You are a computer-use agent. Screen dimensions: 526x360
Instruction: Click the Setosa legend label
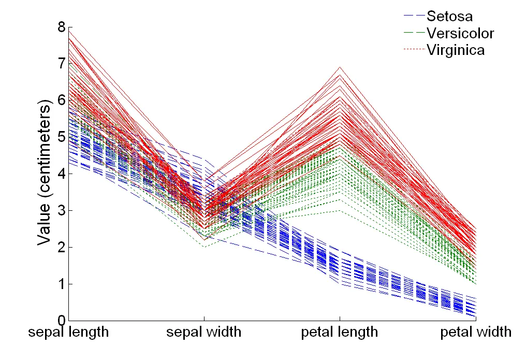pos(449,16)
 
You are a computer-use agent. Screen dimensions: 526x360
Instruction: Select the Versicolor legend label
pos(460,33)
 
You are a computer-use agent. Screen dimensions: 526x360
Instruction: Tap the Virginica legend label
pos(456,50)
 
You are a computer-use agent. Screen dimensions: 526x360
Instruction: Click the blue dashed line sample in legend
pos(414,16)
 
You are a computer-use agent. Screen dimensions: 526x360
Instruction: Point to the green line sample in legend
pos(414,33)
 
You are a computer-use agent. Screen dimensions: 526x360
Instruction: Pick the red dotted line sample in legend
pos(414,49)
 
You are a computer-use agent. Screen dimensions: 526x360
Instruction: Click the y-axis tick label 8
pos(62,27)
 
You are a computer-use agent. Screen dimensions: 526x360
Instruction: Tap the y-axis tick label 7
pos(62,63)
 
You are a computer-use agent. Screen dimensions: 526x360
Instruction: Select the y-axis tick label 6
pos(62,100)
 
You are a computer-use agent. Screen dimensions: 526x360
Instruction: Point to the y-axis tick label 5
pos(62,137)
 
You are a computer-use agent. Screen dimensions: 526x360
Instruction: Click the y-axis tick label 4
pos(62,174)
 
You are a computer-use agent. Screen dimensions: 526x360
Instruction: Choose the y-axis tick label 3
pos(62,210)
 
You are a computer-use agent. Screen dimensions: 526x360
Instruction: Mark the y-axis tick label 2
pos(62,247)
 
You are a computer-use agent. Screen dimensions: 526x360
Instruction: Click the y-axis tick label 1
pos(62,284)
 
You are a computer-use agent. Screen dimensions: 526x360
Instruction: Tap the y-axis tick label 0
pos(62,321)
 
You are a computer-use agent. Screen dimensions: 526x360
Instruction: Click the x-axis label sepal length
pos(68,333)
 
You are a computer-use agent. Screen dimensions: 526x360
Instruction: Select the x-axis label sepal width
pos(203,332)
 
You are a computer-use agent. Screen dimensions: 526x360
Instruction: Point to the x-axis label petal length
pos(340,333)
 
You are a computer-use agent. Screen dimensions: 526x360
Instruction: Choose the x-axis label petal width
pos(476,332)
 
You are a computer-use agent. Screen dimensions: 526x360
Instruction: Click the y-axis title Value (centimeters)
pos(45,172)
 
